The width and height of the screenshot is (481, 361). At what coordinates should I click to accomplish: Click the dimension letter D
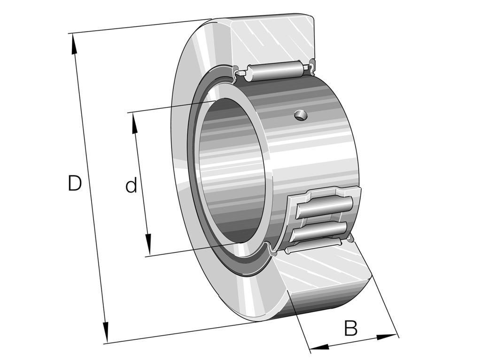(75, 183)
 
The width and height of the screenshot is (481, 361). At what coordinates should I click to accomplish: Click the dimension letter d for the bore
(131, 186)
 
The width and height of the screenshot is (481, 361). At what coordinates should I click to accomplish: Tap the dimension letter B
(350, 328)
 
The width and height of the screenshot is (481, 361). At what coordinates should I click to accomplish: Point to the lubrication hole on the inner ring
(300, 115)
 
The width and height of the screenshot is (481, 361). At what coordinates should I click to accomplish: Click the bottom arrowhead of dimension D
(106, 332)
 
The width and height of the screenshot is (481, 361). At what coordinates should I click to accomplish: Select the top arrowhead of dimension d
(134, 123)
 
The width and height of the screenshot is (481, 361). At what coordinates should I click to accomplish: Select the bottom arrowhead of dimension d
(148, 244)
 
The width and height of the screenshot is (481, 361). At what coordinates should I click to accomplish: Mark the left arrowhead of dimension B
(319, 347)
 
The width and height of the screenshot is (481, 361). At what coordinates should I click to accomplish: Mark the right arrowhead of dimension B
(387, 337)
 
